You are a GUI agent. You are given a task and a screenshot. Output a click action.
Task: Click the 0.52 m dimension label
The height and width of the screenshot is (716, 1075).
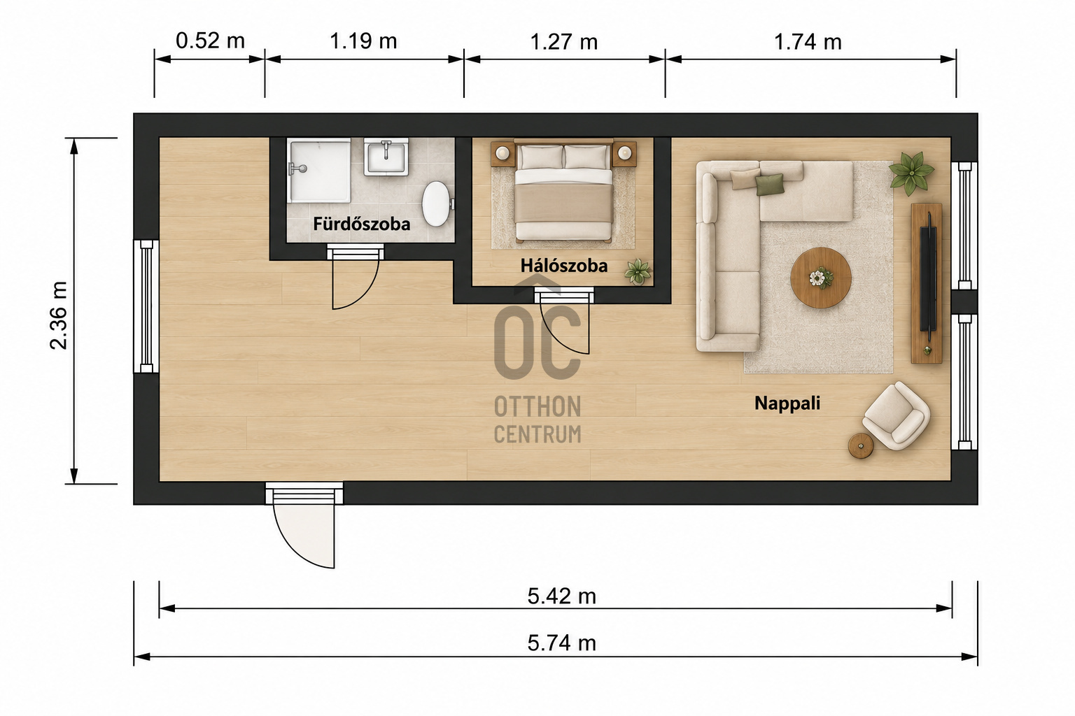210,41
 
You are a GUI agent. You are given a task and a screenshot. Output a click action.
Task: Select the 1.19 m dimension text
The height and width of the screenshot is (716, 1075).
363,41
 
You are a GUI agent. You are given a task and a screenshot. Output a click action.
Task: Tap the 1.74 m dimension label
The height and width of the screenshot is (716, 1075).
808,42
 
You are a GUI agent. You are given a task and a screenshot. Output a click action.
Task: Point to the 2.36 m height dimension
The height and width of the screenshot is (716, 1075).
59,315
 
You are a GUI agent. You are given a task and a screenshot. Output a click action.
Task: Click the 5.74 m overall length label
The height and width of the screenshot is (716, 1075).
561,643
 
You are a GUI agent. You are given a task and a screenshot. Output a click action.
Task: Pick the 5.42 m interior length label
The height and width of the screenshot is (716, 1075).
561,596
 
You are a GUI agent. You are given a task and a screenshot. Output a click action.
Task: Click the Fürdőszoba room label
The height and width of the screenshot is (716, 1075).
361,224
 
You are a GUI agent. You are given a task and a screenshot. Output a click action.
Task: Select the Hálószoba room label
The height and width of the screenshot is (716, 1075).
564,266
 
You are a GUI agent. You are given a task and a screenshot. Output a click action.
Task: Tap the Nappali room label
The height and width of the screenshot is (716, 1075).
787,403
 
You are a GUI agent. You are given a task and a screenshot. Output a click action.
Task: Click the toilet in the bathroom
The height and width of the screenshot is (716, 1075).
437,203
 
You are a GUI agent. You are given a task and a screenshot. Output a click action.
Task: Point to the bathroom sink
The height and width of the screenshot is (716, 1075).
386,157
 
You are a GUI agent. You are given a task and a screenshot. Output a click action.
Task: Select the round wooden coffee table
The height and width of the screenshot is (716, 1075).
821,278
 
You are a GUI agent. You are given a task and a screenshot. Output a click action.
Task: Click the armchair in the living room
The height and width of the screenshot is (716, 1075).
896,416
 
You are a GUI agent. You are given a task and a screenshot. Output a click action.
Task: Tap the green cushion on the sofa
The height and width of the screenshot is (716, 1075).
770,185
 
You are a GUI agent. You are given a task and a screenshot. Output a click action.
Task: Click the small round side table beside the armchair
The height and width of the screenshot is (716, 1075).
860,446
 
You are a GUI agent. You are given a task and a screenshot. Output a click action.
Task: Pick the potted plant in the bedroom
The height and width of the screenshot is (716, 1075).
638,272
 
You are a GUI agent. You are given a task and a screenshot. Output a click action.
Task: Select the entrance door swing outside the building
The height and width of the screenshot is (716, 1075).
304,535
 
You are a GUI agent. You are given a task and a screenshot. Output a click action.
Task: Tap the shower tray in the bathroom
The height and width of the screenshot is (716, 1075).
319,170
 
